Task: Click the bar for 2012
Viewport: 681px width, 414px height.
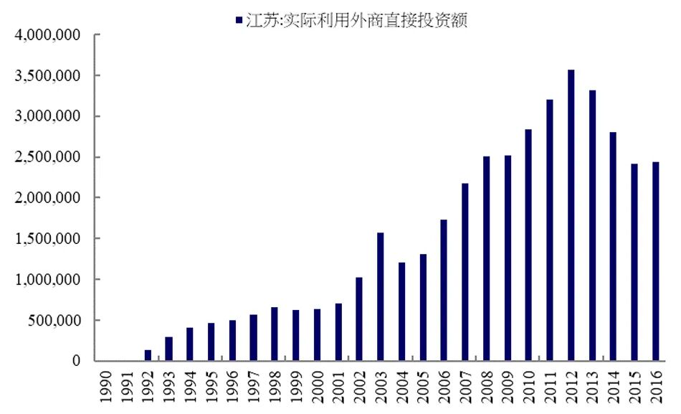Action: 571,215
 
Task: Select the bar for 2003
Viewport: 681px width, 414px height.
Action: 381,296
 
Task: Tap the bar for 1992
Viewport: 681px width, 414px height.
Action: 148,355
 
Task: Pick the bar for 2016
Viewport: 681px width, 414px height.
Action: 656,261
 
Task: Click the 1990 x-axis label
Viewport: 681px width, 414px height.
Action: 105,387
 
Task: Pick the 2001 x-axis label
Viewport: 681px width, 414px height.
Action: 338,387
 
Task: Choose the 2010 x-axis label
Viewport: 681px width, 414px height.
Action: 529,387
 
